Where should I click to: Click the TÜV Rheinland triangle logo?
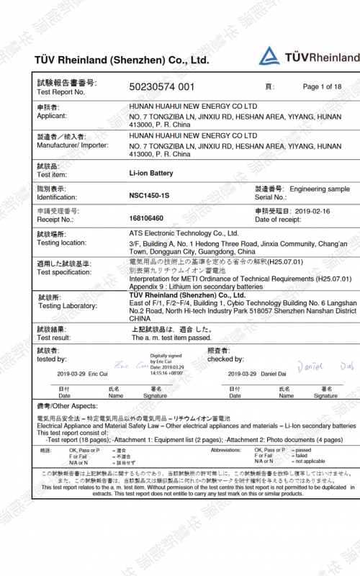269,56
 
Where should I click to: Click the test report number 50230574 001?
161,87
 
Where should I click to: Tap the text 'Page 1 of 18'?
322,86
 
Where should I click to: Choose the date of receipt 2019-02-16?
313,211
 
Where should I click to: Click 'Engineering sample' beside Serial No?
320,189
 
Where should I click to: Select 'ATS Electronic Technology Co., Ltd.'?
184,233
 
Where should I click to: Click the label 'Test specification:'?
64,272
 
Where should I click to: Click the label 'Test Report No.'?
61,92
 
